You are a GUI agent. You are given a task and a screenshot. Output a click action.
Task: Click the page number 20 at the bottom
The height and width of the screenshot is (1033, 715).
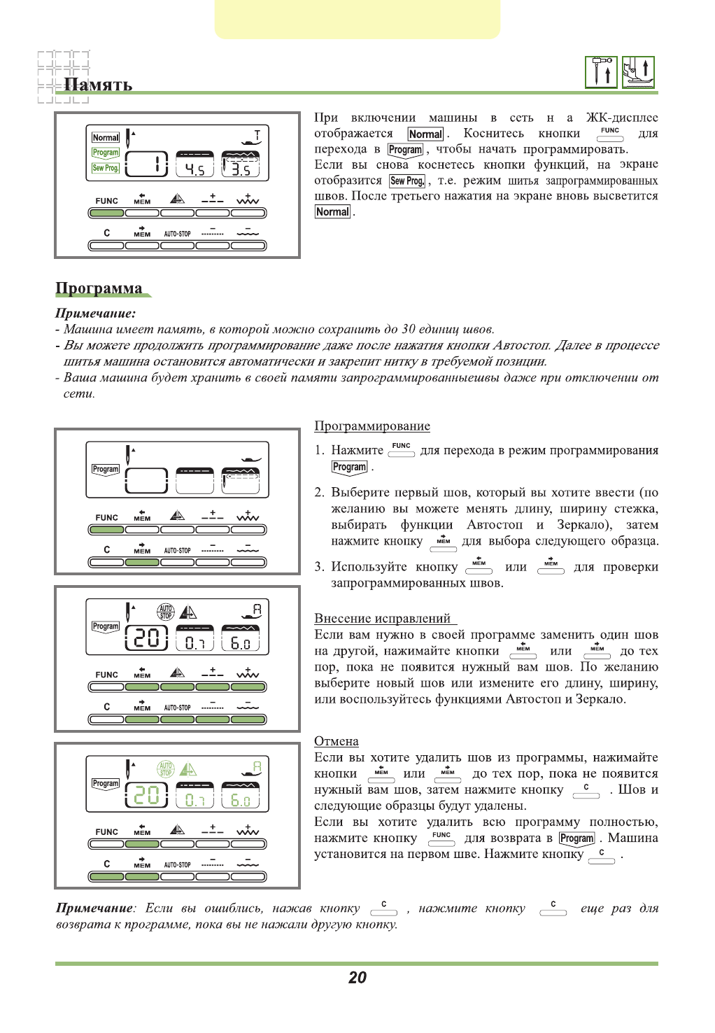pyautogui.click(x=357, y=978)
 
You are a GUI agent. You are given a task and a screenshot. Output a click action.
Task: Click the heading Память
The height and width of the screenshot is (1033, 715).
pyautogui.click(x=98, y=85)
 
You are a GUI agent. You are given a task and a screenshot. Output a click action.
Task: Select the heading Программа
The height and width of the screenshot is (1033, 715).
pyautogui.click(x=99, y=288)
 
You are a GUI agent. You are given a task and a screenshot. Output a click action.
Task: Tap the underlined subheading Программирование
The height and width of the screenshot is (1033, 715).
pyautogui.click(x=372, y=426)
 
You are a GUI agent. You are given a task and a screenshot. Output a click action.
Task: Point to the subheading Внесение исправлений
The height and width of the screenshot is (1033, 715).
pyautogui.click(x=383, y=619)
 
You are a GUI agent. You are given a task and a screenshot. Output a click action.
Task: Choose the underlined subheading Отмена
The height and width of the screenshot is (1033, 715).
pyautogui.click(x=337, y=741)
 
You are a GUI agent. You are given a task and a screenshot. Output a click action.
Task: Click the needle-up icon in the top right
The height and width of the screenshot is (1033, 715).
pyautogui.click(x=601, y=72)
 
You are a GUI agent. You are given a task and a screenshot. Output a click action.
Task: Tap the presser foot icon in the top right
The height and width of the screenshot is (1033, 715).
pyautogui.click(x=638, y=72)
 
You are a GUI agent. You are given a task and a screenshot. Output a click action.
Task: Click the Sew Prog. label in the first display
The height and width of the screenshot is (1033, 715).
pyautogui.click(x=106, y=168)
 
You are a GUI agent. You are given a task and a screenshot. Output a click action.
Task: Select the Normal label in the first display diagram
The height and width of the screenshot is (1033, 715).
pyautogui.click(x=106, y=138)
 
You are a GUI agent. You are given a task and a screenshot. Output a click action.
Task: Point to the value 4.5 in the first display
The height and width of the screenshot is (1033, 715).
pyautogui.click(x=194, y=169)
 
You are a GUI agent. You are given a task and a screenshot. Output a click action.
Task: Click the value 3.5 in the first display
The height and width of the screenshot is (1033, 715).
pyautogui.click(x=241, y=169)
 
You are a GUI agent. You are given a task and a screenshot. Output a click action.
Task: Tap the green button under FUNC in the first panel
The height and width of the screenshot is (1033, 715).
pyautogui.click(x=106, y=213)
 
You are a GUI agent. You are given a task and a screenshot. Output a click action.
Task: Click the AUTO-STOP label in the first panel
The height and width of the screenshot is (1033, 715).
pyautogui.click(x=177, y=234)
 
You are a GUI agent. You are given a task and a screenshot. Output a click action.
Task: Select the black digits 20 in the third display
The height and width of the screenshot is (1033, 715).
pyautogui.click(x=146, y=638)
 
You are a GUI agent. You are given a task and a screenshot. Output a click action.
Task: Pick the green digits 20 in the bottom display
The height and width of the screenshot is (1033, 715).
pyautogui.click(x=146, y=796)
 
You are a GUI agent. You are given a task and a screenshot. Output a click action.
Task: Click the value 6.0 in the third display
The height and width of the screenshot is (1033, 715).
pyautogui.click(x=240, y=642)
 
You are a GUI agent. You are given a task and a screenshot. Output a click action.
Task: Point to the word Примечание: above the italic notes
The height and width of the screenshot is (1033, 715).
pyautogui.click(x=95, y=314)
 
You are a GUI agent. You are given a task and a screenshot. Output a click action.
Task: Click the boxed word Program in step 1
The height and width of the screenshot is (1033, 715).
pyautogui.click(x=349, y=467)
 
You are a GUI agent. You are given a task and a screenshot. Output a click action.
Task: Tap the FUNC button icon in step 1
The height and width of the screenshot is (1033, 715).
pyautogui.click(x=402, y=450)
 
